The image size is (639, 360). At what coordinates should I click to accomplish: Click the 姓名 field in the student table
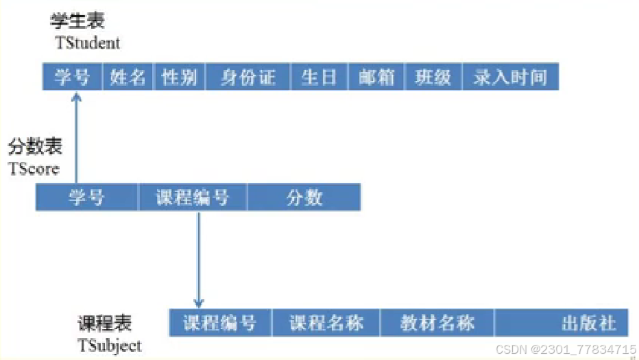click(128, 77)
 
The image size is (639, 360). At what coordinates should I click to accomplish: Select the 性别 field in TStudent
click(180, 77)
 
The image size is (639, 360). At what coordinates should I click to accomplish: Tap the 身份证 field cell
click(248, 77)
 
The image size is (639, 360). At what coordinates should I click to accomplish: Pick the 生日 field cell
click(319, 77)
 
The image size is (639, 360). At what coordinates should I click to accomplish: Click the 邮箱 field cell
click(376, 77)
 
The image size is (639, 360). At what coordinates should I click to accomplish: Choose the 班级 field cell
click(433, 77)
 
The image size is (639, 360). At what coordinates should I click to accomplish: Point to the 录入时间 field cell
click(510, 77)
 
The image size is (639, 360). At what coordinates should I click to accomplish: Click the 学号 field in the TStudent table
click(72, 77)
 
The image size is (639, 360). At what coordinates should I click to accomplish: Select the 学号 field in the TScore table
click(86, 197)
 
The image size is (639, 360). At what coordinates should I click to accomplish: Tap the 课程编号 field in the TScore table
click(192, 197)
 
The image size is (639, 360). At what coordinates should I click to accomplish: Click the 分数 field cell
click(304, 197)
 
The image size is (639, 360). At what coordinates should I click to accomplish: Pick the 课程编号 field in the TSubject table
click(219, 322)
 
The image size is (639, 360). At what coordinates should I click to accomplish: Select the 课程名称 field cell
click(326, 322)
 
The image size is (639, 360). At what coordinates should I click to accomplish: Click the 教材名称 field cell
click(437, 322)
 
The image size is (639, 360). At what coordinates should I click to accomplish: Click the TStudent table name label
click(87, 43)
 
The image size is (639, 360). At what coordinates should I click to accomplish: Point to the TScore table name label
click(34, 169)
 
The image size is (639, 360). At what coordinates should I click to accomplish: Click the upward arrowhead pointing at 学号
click(76, 97)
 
